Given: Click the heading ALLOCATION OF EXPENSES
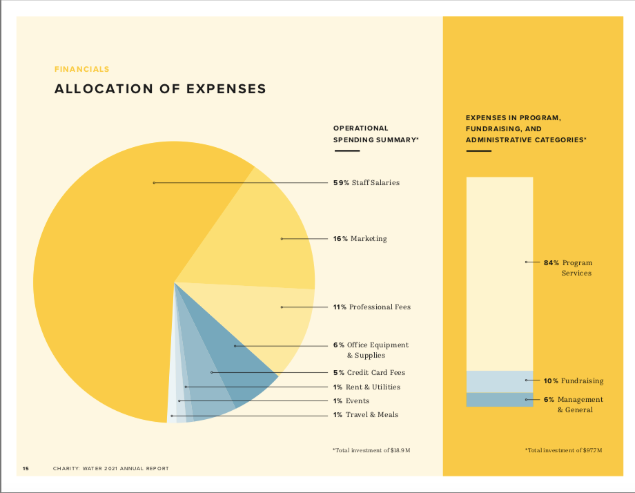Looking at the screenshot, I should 160,89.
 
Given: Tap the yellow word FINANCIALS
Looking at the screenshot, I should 81,69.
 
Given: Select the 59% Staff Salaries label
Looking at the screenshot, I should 366,183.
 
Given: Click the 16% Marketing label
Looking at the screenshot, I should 360,239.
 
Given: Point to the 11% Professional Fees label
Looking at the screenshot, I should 371,307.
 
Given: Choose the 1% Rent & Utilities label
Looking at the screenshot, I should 367,387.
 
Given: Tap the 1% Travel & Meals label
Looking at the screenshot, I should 365,415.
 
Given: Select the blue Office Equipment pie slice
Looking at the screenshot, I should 238,359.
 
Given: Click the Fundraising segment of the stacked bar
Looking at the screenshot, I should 499,381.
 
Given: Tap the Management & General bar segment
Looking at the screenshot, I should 499,400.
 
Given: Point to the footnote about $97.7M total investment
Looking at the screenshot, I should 563,450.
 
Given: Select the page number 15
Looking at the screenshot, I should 26,469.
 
